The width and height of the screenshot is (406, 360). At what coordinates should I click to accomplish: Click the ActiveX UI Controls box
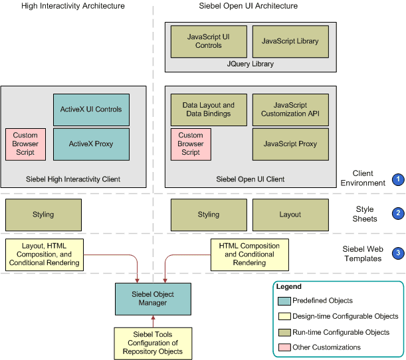pyautogui.click(x=91, y=110)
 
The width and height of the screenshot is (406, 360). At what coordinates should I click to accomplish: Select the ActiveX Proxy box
pyautogui.click(x=91, y=144)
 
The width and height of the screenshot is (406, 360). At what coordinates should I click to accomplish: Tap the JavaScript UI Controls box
pyautogui.click(x=209, y=41)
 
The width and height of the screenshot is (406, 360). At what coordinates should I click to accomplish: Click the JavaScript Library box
pyautogui.click(x=290, y=41)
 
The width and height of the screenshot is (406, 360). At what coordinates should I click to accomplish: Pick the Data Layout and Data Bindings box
pyautogui.click(x=209, y=110)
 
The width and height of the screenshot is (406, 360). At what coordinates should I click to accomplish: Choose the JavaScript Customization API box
pyautogui.click(x=290, y=110)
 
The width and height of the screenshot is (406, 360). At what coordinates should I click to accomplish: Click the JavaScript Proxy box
pyautogui.click(x=290, y=144)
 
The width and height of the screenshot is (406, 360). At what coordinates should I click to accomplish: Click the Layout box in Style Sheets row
pyautogui.click(x=290, y=215)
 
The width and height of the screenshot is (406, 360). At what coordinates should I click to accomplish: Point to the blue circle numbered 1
pyautogui.click(x=398, y=179)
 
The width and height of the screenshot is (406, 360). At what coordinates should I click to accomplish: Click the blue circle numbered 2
pyautogui.click(x=398, y=213)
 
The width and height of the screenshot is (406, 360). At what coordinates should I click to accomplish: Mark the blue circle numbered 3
pyautogui.click(x=398, y=253)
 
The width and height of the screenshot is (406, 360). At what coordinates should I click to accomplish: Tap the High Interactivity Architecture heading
pyautogui.click(x=72, y=6)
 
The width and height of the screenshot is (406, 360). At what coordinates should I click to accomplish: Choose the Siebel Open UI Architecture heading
pyautogui.click(x=249, y=6)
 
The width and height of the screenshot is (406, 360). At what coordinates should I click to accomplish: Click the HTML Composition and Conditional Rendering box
pyautogui.click(x=249, y=254)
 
